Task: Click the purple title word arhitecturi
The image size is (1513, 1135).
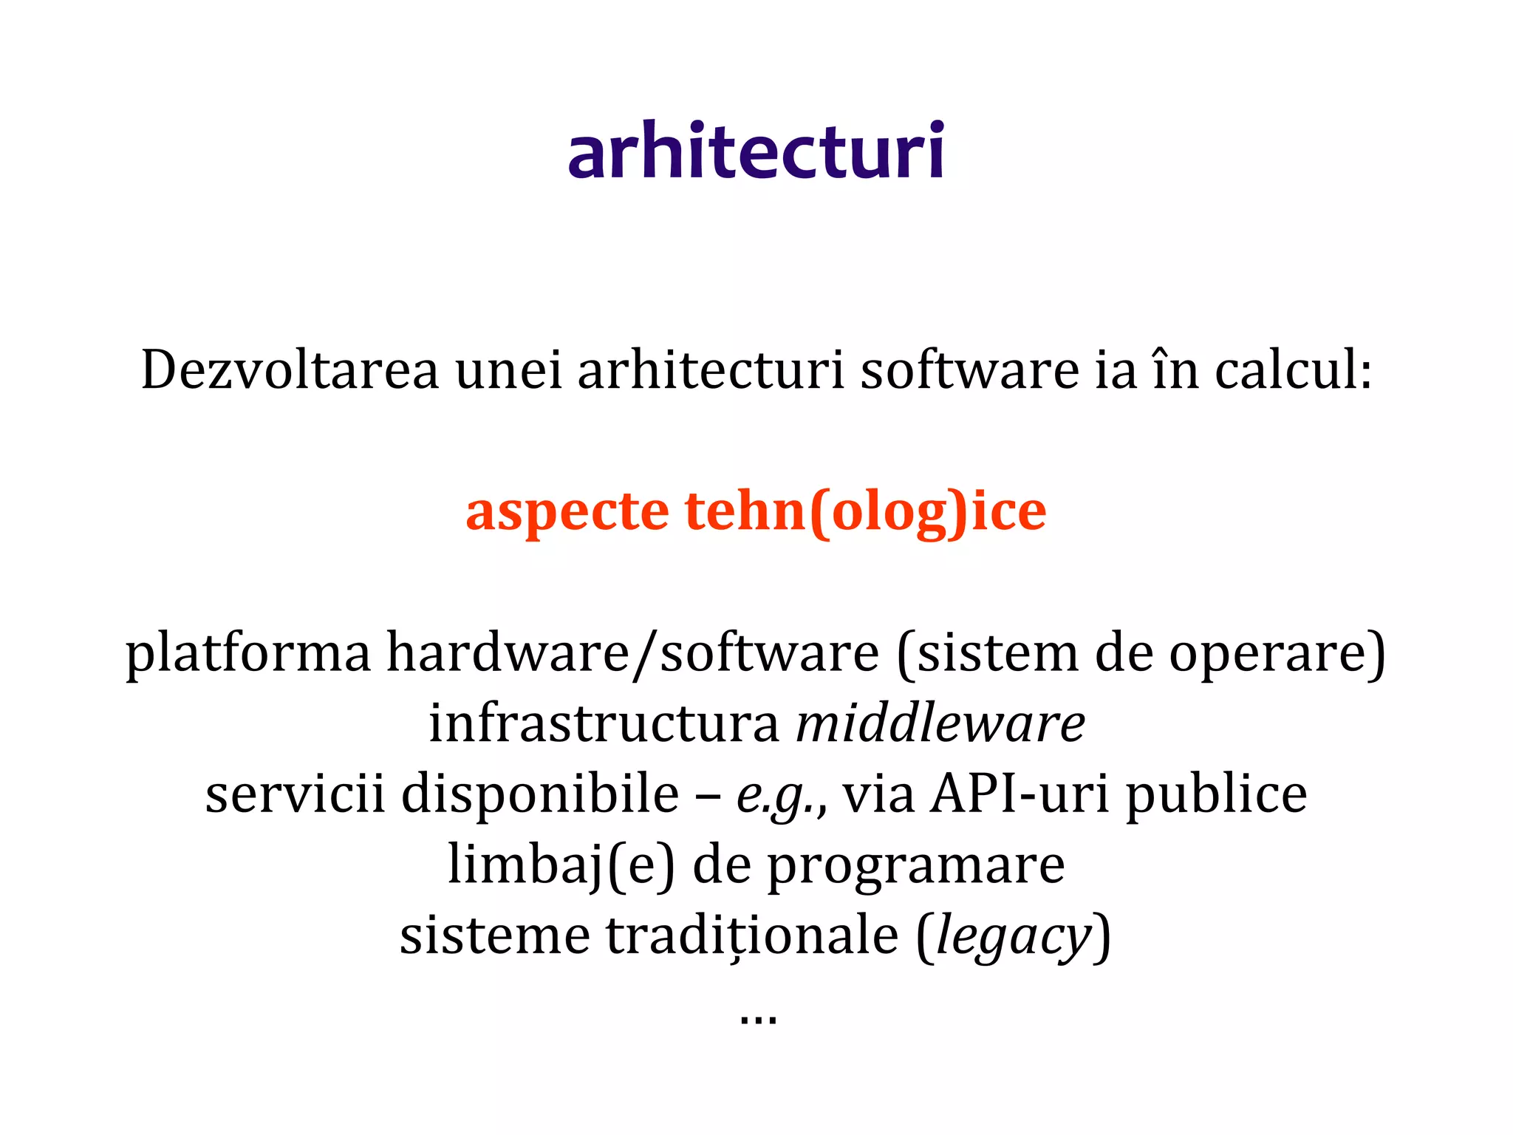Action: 756,151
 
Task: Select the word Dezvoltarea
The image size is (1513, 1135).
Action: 290,369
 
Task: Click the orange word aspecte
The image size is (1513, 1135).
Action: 567,511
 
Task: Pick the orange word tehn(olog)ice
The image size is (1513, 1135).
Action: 865,511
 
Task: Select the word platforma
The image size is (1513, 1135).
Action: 248,653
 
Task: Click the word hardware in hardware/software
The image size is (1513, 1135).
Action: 508,653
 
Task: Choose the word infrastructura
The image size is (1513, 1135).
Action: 604,723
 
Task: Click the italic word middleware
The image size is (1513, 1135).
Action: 940,723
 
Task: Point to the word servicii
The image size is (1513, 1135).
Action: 295,794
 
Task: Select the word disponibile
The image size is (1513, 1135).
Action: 540,794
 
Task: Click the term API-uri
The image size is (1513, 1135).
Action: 1020,794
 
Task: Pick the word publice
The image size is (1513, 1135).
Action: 1216,794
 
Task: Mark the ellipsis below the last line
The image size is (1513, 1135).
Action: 757,1020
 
